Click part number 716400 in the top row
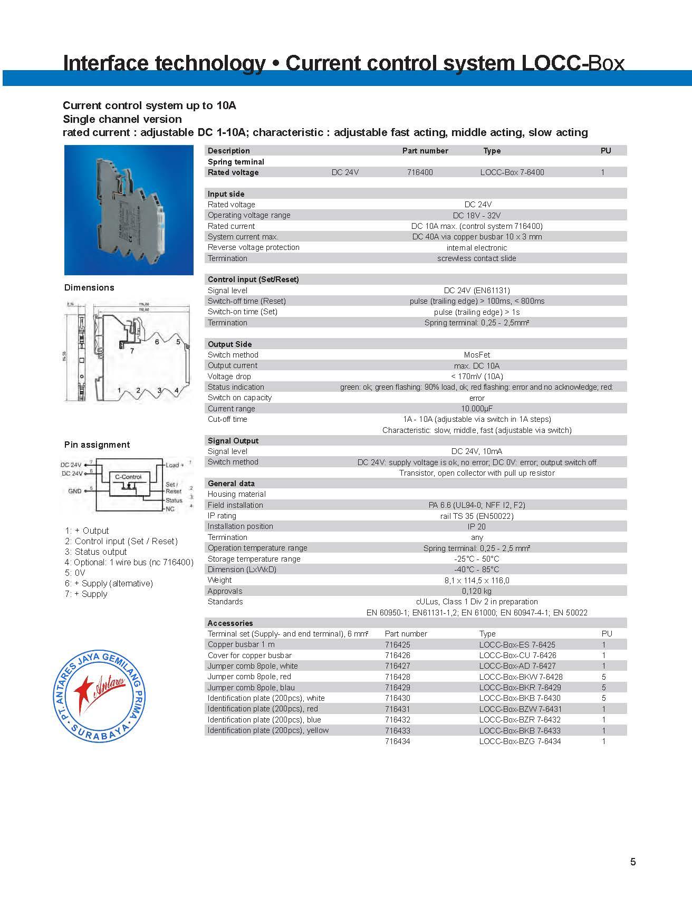tap(420, 172)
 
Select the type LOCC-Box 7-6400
tap(512, 172)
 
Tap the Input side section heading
tap(226, 194)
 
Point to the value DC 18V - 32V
tap(476, 215)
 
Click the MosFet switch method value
tap(477, 355)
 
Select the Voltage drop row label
tap(229, 377)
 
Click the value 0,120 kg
tap(476, 591)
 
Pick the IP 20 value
tap(476, 526)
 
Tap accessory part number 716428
tap(397, 677)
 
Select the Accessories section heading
tap(230, 623)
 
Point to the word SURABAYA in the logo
tap(100, 735)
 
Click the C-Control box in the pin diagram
tap(128, 477)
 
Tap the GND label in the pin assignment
tap(74, 491)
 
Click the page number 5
tap(632, 862)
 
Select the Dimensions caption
tap(89, 287)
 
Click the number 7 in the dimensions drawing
tap(132, 350)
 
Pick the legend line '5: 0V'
tap(75, 573)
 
